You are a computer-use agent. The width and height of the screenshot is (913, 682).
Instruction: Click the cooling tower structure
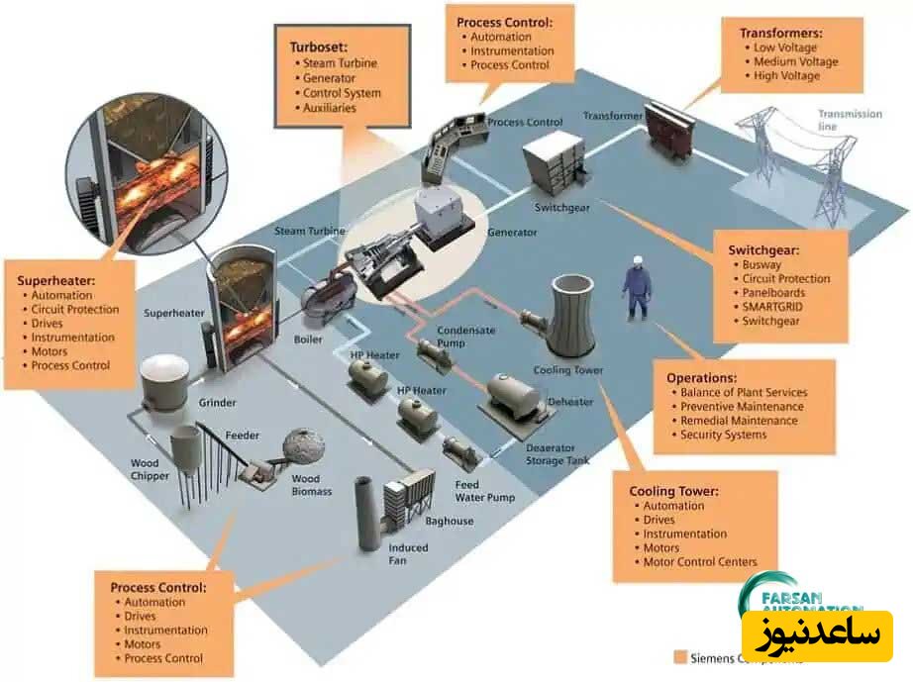pos(574,317)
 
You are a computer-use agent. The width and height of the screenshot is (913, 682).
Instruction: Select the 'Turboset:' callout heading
pos(319,47)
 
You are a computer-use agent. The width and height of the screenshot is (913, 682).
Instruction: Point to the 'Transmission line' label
pos(849,120)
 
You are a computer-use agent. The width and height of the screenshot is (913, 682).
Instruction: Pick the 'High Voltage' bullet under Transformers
pos(786,76)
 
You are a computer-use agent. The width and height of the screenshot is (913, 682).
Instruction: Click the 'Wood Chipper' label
pos(151,468)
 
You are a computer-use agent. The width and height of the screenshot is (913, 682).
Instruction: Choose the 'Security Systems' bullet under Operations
pos(723,435)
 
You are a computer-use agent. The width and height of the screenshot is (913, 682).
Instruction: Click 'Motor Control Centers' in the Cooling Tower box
pos(700,562)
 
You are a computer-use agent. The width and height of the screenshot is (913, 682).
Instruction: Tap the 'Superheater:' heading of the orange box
pos(54,281)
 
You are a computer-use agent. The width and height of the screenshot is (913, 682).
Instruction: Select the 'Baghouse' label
pos(450,521)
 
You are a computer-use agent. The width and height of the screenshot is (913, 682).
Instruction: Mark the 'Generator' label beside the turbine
pos(512,233)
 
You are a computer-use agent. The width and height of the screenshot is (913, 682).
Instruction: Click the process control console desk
pos(449,148)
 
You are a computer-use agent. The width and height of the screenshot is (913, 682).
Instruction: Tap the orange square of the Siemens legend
pos(679,656)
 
